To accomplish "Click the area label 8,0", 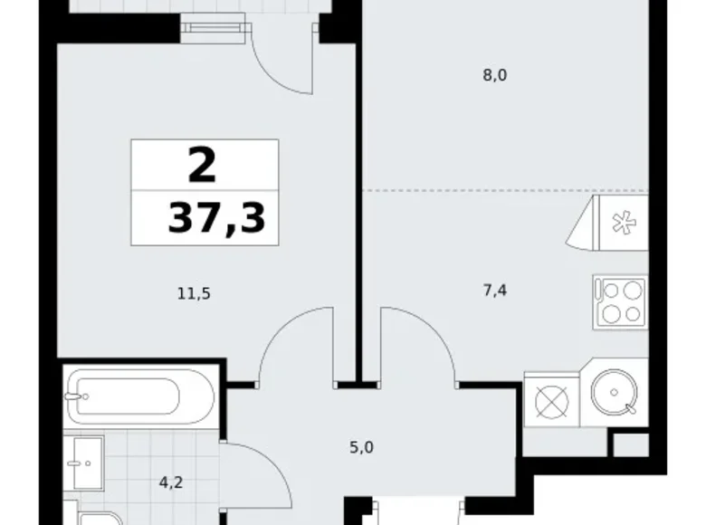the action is [x=495, y=75].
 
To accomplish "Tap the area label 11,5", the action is [x=194, y=294].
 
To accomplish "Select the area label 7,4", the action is [x=495, y=291].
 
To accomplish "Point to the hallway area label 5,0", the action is [x=361, y=447].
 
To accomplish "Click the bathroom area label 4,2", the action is [x=171, y=482].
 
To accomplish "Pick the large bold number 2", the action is [x=202, y=166].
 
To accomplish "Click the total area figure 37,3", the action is [x=216, y=218].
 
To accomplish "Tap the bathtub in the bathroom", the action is [x=141, y=396].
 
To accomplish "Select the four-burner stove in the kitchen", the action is [x=621, y=302].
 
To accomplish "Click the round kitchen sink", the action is [x=614, y=392].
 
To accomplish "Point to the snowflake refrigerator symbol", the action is [x=625, y=224].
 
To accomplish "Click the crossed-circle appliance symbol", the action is [x=551, y=400].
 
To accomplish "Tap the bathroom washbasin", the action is [x=89, y=463].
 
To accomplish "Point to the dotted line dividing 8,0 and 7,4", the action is [x=506, y=191].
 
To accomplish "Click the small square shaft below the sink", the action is [x=631, y=445].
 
